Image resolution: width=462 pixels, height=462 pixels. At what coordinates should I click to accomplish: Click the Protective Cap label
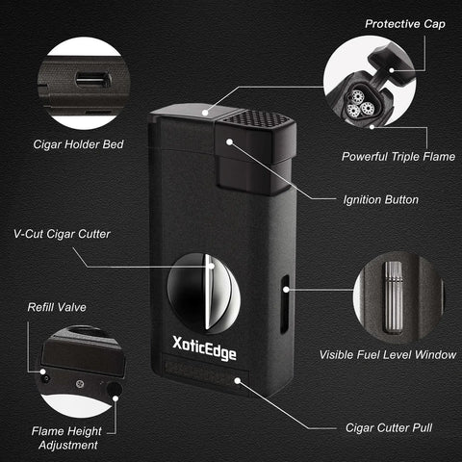(405, 24)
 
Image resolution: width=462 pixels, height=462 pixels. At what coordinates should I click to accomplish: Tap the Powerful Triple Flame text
(398, 157)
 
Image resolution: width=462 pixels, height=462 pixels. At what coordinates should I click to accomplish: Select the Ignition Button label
(381, 200)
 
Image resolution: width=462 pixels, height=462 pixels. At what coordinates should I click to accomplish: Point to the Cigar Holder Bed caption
(78, 144)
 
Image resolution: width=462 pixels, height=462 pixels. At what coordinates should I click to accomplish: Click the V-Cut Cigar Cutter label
(62, 234)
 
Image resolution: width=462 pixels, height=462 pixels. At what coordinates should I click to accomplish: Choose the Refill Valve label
(57, 307)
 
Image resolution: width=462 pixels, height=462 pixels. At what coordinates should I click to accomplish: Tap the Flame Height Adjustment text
(67, 438)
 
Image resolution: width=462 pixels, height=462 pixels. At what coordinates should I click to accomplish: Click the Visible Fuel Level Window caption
(388, 354)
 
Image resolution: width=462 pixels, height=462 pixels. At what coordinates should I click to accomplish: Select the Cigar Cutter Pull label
(389, 427)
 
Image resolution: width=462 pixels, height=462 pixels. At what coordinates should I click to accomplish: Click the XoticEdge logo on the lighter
(204, 348)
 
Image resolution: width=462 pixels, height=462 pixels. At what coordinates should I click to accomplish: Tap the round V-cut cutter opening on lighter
(203, 294)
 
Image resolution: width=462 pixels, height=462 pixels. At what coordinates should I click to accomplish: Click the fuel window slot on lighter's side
(285, 304)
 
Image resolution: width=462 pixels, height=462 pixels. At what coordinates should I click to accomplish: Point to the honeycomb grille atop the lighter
(257, 117)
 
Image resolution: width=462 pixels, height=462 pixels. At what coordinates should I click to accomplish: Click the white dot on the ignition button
(229, 141)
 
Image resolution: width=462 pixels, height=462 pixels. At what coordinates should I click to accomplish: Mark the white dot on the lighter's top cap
(205, 113)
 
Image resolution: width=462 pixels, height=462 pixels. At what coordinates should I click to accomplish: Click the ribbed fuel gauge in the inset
(394, 297)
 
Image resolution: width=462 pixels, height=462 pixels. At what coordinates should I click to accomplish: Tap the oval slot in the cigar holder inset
(93, 80)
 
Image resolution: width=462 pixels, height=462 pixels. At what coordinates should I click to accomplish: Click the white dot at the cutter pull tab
(238, 381)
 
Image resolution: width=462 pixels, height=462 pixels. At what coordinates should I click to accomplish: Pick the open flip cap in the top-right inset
(392, 65)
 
